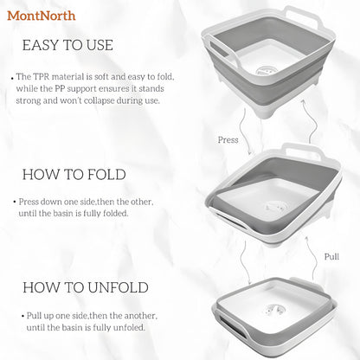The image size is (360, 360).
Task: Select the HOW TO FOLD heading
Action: pyautogui.click(x=74, y=174)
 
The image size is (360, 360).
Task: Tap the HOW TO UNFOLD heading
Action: pyautogui.click(x=85, y=286)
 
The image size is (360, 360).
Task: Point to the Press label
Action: pyautogui.click(x=228, y=138)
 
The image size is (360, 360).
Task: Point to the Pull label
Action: pyautogui.click(x=331, y=257)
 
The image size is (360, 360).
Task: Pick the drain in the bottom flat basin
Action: pyautogui.click(x=279, y=307)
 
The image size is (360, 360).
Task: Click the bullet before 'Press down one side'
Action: pyautogui.click(x=14, y=202)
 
